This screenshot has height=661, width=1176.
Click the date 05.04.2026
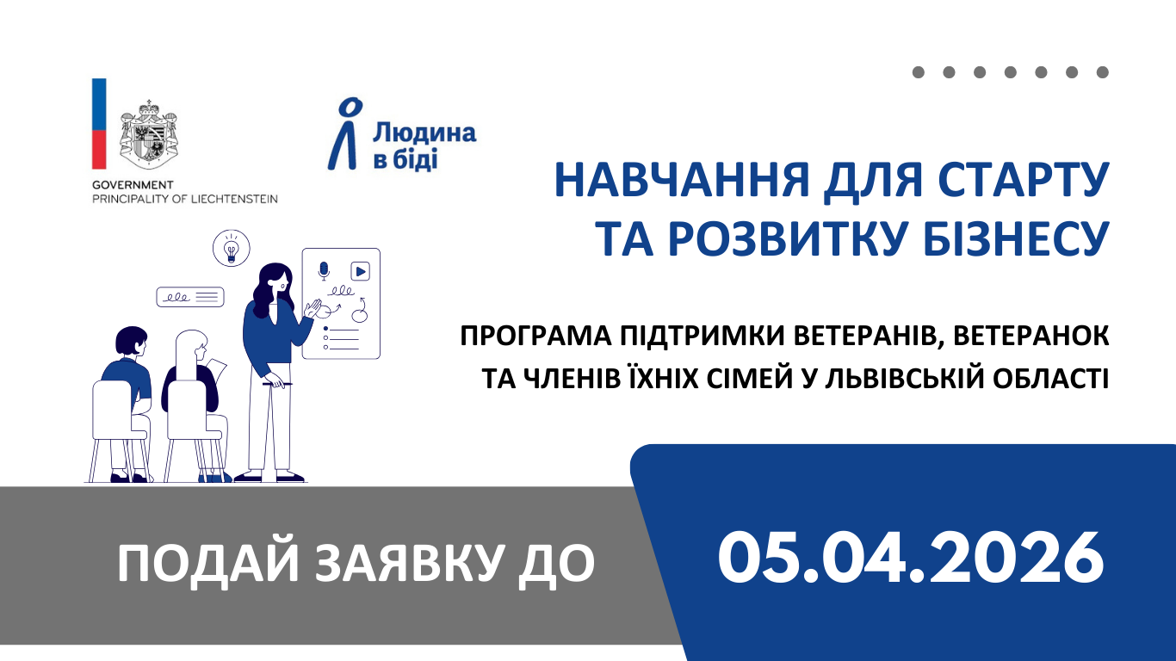[x=910, y=557]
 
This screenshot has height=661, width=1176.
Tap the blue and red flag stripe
[x=99, y=123]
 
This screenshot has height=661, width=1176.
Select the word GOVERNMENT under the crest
[x=133, y=185]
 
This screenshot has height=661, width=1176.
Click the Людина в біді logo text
[x=424, y=145]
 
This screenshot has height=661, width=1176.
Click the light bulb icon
[x=231, y=248]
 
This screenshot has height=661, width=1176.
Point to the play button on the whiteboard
[x=360, y=271]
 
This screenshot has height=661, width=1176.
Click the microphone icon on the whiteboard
[x=324, y=271]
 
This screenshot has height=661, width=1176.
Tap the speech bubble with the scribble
[x=189, y=297]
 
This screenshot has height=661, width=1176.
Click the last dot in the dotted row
[x=1102, y=72]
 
